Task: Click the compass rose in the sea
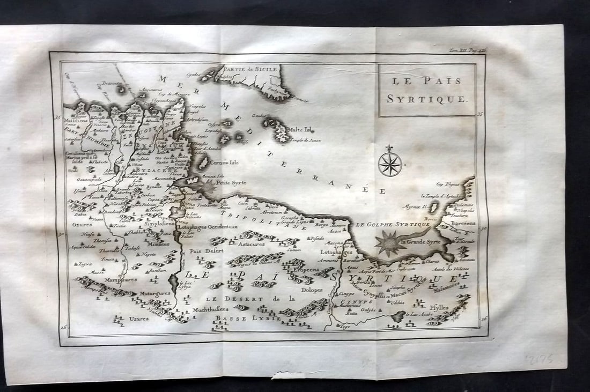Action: tap(390, 164)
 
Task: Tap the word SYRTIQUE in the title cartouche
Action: tap(427, 99)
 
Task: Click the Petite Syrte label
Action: tap(231, 182)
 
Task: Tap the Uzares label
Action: tap(138, 318)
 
